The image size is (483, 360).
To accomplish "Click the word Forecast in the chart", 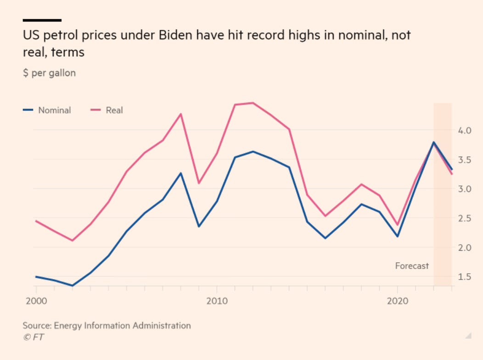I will click(412, 266).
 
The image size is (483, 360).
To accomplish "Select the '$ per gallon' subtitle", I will click(49, 73).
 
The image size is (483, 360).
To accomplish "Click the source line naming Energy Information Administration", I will click(107, 326).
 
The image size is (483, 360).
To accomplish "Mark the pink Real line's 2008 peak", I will click(181, 114).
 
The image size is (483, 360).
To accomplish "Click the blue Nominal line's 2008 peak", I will click(181, 173).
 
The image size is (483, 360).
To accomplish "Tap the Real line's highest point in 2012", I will click(253, 103).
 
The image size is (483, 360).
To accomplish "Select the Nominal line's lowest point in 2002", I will click(72, 286).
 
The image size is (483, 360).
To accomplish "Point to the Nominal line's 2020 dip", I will click(397, 236).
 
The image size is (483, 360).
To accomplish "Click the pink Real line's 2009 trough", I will click(199, 183).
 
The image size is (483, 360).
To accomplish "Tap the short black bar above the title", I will click(42, 20).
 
